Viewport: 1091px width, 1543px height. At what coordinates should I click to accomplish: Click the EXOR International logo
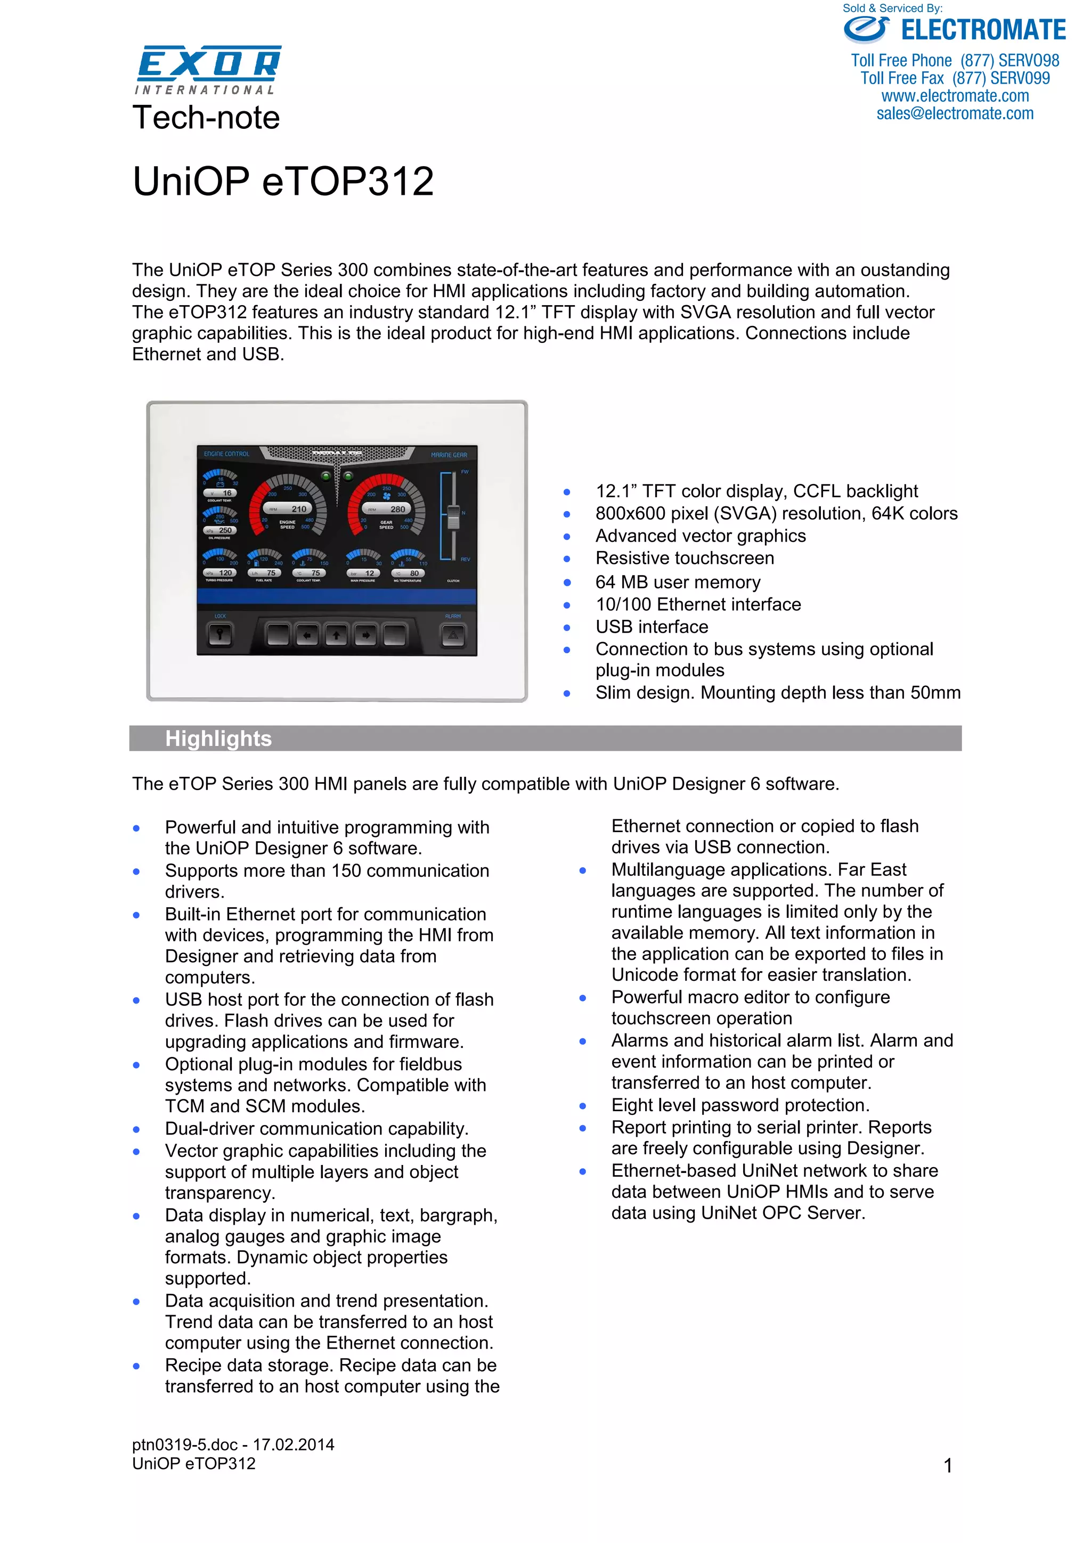click(x=208, y=69)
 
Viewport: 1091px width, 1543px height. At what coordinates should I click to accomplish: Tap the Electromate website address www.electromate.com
click(x=955, y=96)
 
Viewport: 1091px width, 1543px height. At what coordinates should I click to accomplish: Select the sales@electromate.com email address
click(x=955, y=113)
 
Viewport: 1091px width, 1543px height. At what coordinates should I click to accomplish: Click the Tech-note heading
click(x=206, y=118)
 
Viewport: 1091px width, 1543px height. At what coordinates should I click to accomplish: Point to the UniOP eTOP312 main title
click(x=283, y=182)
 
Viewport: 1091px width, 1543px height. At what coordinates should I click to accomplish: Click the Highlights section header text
click(x=218, y=738)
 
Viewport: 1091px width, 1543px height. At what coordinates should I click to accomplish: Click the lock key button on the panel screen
click(x=220, y=634)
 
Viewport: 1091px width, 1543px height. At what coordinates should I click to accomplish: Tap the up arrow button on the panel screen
click(x=336, y=634)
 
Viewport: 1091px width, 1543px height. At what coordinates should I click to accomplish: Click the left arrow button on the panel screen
click(x=307, y=634)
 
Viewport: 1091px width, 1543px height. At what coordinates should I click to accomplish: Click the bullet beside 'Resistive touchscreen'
click(x=567, y=559)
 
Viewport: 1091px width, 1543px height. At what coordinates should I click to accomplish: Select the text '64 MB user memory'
click(x=678, y=582)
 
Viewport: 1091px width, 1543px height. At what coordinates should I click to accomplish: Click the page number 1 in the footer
click(x=948, y=1465)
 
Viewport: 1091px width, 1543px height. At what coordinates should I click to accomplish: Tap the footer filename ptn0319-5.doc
click(x=185, y=1444)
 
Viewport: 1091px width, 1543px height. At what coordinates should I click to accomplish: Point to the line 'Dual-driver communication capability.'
click(x=316, y=1128)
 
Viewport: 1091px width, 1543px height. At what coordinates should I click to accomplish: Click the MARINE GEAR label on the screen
click(x=449, y=455)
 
